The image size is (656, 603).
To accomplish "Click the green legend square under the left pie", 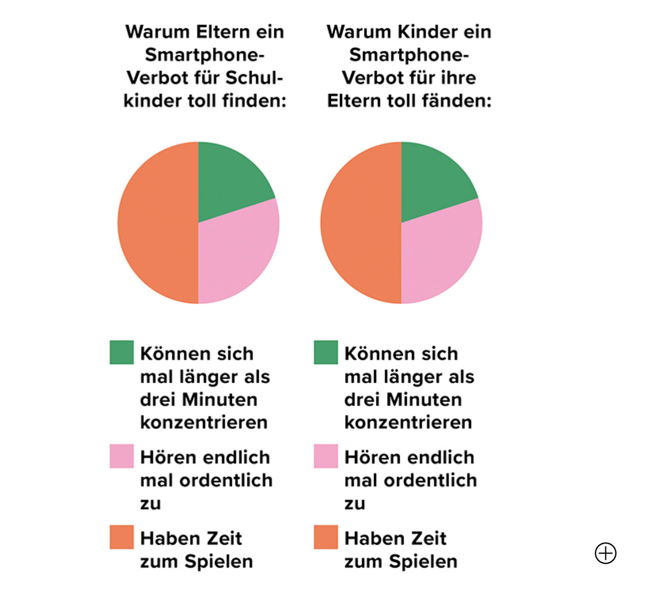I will point(122,352).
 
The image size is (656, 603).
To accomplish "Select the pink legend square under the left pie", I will point(122,456).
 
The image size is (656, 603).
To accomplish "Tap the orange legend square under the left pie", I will point(122,537).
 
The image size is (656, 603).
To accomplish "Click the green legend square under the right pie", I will point(326,352).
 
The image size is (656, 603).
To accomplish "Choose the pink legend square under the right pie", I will point(326,456).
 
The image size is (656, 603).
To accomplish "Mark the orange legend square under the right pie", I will point(326,537).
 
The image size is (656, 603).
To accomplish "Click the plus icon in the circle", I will point(605,553).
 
